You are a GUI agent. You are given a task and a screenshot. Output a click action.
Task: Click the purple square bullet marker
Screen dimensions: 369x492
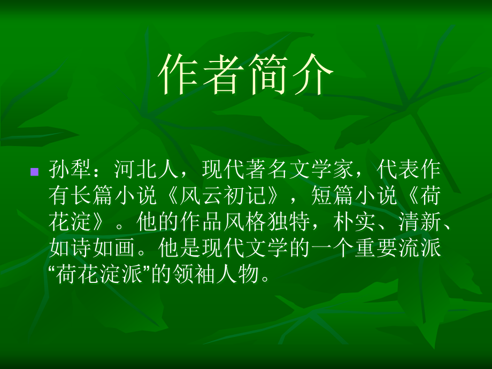coord(35,172)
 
